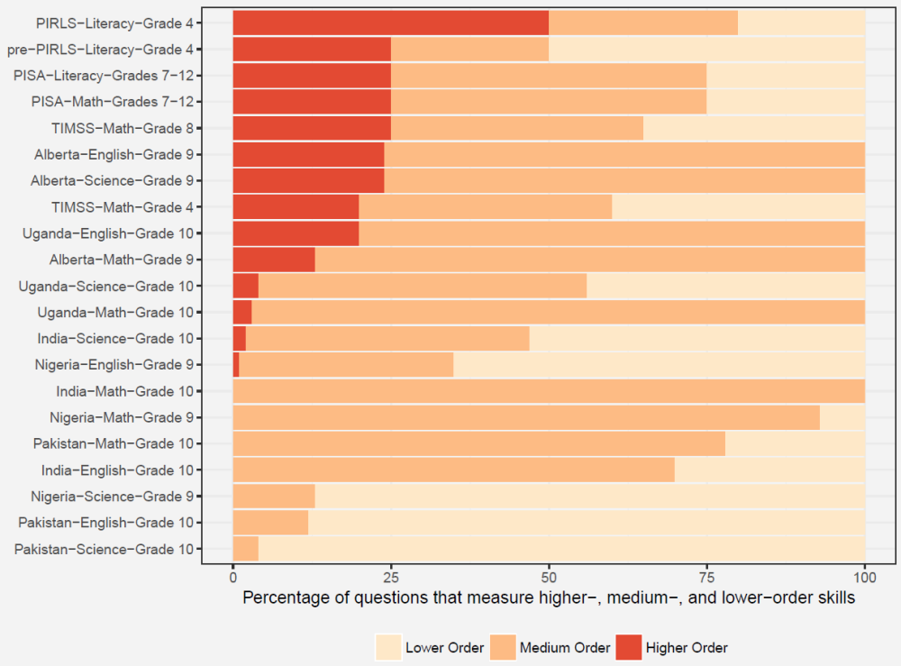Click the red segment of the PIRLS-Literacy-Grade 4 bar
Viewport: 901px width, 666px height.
point(390,23)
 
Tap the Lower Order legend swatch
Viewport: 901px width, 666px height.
point(388,647)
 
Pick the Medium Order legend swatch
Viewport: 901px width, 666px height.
point(502,647)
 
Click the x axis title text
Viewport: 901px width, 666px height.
point(549,598)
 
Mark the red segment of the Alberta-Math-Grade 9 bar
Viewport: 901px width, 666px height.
point(274,260)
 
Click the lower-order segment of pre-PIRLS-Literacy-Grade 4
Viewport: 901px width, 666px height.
point(706,50)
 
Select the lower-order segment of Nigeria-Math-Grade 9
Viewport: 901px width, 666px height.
point(842,417)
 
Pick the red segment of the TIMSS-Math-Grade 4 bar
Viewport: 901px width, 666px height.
point(296,207)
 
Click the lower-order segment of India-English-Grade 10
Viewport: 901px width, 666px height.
point(769,470)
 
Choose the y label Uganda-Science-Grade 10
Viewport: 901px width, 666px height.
point(111,286)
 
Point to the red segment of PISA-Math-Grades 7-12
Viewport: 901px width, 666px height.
point(312,102)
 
